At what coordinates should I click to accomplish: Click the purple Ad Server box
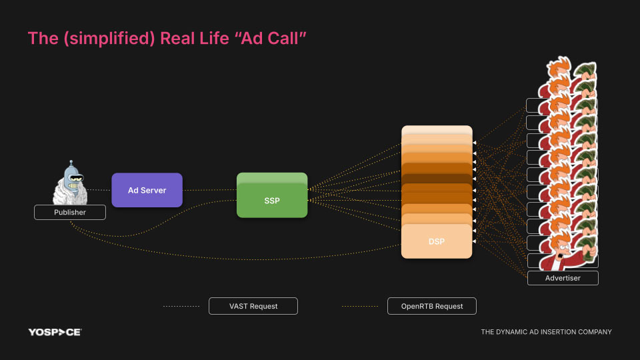coord(147,190)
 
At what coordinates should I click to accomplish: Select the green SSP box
coord(272,199)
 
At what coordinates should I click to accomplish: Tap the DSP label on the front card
coord(437,241)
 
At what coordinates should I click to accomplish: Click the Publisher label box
coord(70,213)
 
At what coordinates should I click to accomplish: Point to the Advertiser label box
coord(563,278)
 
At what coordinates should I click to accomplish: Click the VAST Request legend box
coord(253,306)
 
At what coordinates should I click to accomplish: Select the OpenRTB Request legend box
coord(432,306)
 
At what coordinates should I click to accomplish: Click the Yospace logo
coord(55,332)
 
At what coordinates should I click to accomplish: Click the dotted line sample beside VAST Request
coord(181,306)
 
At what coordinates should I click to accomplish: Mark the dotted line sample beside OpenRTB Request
coord(360,306)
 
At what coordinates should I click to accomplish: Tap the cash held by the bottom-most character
coord(586,251)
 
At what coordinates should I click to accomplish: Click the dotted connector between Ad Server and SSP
coord(209,190)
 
